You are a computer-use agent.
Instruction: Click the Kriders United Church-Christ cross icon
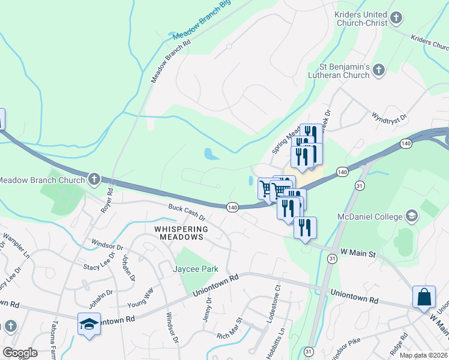coord(396,18)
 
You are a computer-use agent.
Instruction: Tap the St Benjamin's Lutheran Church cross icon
coord(378,71)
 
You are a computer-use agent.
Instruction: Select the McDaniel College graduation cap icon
coord(412,215)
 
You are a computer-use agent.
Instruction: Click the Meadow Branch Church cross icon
coord(94,178)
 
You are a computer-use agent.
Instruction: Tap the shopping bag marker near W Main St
coord(424,298)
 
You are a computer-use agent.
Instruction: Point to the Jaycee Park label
coord(196,269)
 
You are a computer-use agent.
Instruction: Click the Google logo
coord(20,353)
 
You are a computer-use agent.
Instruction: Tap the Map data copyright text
coord(423,355)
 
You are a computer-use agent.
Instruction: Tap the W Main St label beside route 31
coord(358,254)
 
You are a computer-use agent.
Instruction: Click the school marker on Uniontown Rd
coord(88,324)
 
